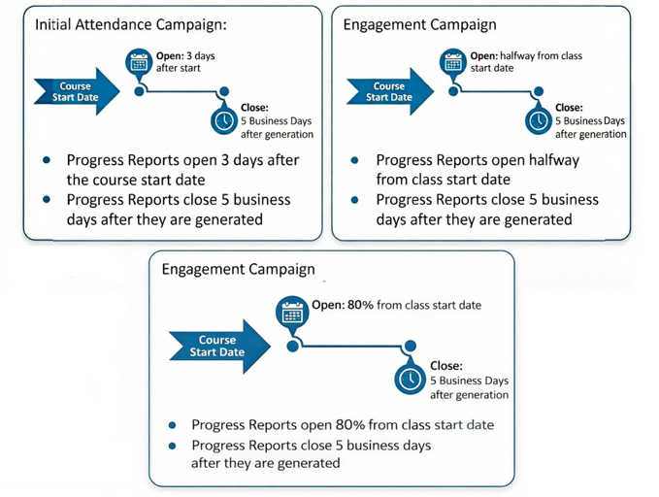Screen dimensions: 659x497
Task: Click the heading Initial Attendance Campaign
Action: click(x=131, y=24)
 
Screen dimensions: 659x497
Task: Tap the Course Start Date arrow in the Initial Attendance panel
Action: click(x=77, y=91)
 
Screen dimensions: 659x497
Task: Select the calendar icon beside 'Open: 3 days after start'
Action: click(x=139, y=62)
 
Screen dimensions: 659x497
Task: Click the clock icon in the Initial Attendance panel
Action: click(x=224, y=121)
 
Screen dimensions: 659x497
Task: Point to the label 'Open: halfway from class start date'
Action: click(x=526, y=62)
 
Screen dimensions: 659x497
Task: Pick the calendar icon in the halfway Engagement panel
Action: click(x=453, y=62)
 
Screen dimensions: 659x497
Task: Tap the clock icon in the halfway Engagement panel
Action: click(x=539, y=121)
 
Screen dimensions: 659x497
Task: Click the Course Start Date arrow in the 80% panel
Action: click(x=219, y=346)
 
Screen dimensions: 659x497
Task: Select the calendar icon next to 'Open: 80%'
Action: click(x=292, y=312)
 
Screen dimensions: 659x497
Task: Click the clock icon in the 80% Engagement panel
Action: click(x=411, y=379)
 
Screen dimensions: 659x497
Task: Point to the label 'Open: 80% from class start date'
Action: click(x=396, y=305)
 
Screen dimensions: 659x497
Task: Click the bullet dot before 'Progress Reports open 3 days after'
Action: click(x=47, y=160)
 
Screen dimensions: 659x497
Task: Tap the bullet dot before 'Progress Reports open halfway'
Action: click(x=354, y=160)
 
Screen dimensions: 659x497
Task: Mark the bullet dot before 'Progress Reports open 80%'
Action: click(x=172, y=425)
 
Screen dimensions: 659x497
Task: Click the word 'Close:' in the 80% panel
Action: click(x=446, y=366)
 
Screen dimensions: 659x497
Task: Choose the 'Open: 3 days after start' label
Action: click(x=185, y=62)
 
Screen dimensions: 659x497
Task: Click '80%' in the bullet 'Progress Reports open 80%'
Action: click(x=350, y=424)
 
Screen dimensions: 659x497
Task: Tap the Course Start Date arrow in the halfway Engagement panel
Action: click(x=390, y=91)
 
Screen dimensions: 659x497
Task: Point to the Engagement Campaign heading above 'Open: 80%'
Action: click(x=239, y=269)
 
